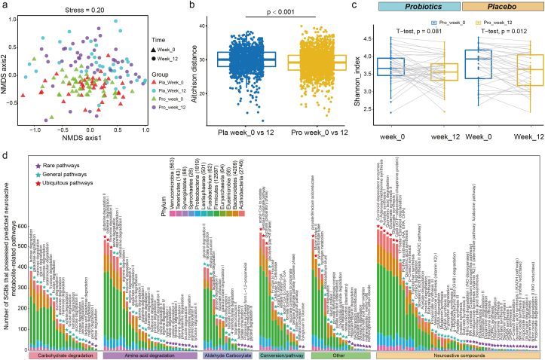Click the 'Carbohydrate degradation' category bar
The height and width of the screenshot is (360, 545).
63,355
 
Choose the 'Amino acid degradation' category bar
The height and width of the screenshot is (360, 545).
145,355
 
